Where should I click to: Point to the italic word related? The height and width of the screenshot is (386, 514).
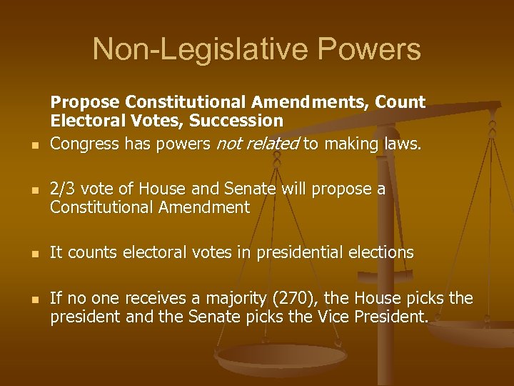click(x=273, y=144)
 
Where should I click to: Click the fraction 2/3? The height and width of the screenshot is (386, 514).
click(x=64, y=189)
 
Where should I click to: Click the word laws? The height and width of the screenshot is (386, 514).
click(x=404, y=144)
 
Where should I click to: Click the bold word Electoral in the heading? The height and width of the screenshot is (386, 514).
click(x=83, y=121)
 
